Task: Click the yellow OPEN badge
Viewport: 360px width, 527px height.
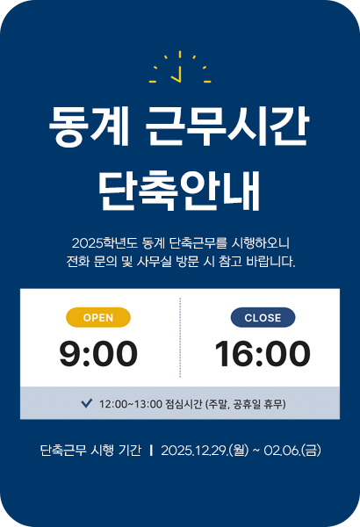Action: (98, 317)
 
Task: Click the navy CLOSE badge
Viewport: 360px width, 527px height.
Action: (263, 317)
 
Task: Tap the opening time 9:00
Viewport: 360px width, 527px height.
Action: (98, 354)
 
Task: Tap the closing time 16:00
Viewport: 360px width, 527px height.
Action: (263, 354)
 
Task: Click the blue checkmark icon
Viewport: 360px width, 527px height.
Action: (86, 403)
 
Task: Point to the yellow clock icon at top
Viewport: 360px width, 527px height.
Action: (180, 69)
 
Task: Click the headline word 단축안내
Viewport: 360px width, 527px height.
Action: (180, 188)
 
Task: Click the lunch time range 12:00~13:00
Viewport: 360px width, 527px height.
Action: (131, 404)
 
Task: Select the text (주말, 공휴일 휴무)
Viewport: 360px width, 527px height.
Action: (245, 404)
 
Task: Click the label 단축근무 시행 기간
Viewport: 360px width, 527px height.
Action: (90, 451)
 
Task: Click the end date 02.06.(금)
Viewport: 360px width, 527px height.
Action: (293, 451)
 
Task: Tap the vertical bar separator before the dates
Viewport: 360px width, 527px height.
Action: (152, 451)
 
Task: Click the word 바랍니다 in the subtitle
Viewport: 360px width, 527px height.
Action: (269, 262)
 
